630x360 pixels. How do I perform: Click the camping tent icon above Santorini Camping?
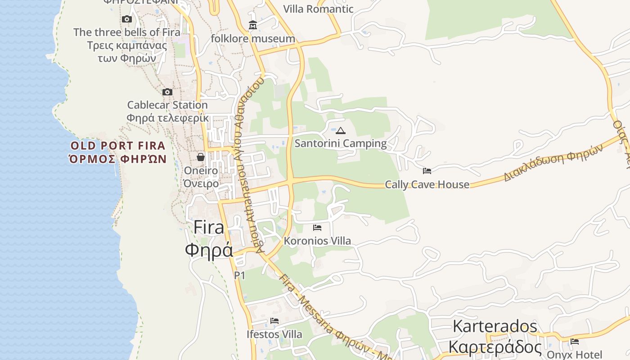(x=341, y=131)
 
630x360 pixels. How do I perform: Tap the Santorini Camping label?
(x=341, y=144)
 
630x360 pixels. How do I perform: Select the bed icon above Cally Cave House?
(x=427, y=171)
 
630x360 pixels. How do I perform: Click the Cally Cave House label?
(x=427, y=184)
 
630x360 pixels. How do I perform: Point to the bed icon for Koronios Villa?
(x=317, y=227)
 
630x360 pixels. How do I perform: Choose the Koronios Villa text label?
(x=317, y=241)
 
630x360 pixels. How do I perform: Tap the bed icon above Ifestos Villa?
(x=274, y=320)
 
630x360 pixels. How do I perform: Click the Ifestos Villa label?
(x=274, y=334)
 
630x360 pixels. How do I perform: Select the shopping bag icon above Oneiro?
(x=201, y=157)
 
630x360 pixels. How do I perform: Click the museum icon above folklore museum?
(x=253, y=25)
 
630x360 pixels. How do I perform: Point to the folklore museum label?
(x=253, y=39)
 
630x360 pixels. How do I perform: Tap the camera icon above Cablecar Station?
(x=167, y=92)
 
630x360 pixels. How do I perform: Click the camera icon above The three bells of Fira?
(x=127, y=19)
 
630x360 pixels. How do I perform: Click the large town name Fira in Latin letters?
(x=209, y=227)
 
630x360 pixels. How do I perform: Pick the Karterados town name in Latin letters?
(x=495, y=326)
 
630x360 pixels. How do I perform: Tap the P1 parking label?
(x=239, y=275)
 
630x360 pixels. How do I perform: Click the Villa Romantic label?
(x=318, y=9)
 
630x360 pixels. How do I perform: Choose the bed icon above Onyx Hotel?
(x=575, y=341)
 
